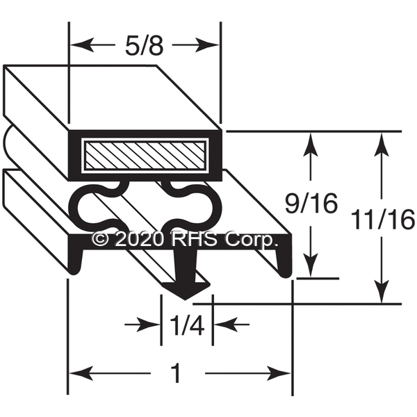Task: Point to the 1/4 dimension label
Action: tap(186, 325)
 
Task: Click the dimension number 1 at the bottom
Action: tap(176, 375)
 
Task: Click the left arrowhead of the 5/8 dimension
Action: tap(78, 46)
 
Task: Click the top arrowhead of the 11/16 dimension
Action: tap(381, 139)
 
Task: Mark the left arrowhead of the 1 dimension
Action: tap(76, 375)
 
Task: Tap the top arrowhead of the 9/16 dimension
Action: tap(311, 139)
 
